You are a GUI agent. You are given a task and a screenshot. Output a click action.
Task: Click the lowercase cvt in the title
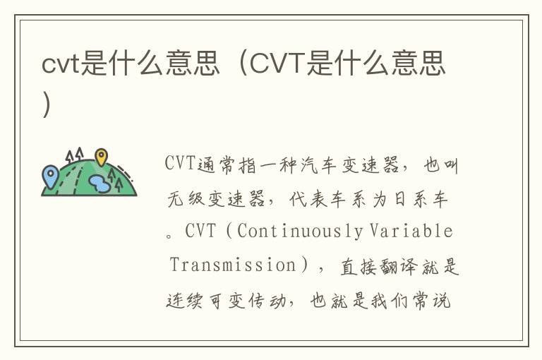point(61,64)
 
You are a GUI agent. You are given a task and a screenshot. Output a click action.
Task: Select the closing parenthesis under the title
point(47,104)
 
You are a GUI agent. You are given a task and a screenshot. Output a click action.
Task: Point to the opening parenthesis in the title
point(243,63)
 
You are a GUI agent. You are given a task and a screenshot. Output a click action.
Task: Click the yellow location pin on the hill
point(102,157)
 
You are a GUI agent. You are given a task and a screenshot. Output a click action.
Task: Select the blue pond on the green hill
point(100,184)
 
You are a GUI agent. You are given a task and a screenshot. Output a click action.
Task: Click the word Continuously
point(300,231)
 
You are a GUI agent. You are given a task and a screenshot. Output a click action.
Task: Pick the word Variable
point(411,231)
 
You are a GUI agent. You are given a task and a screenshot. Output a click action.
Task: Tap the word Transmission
point(233,265)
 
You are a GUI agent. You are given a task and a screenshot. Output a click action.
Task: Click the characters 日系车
point(421,199)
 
